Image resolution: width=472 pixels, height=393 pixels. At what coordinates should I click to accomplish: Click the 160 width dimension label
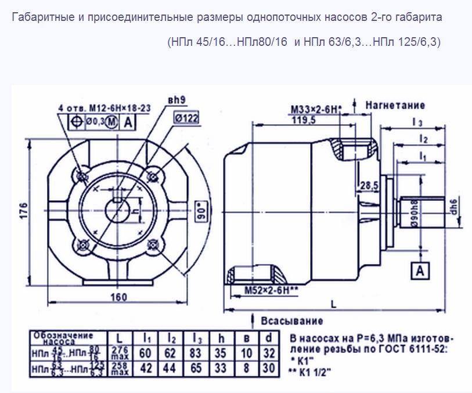point(118,297)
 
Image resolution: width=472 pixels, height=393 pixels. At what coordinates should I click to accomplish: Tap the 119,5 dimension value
point(301,120)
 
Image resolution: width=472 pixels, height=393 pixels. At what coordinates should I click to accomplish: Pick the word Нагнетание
point(395,105)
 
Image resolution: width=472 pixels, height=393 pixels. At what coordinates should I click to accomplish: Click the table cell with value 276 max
point(119,353)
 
